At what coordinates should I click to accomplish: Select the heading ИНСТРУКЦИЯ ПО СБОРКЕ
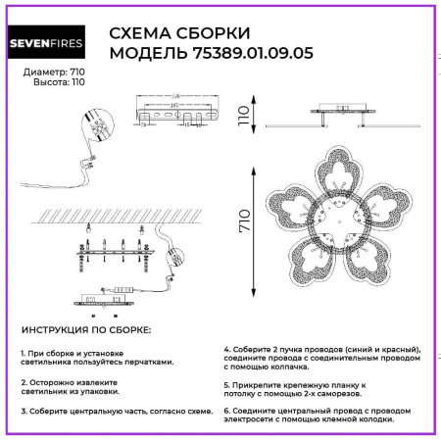85,332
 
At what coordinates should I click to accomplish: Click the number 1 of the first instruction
22,351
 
